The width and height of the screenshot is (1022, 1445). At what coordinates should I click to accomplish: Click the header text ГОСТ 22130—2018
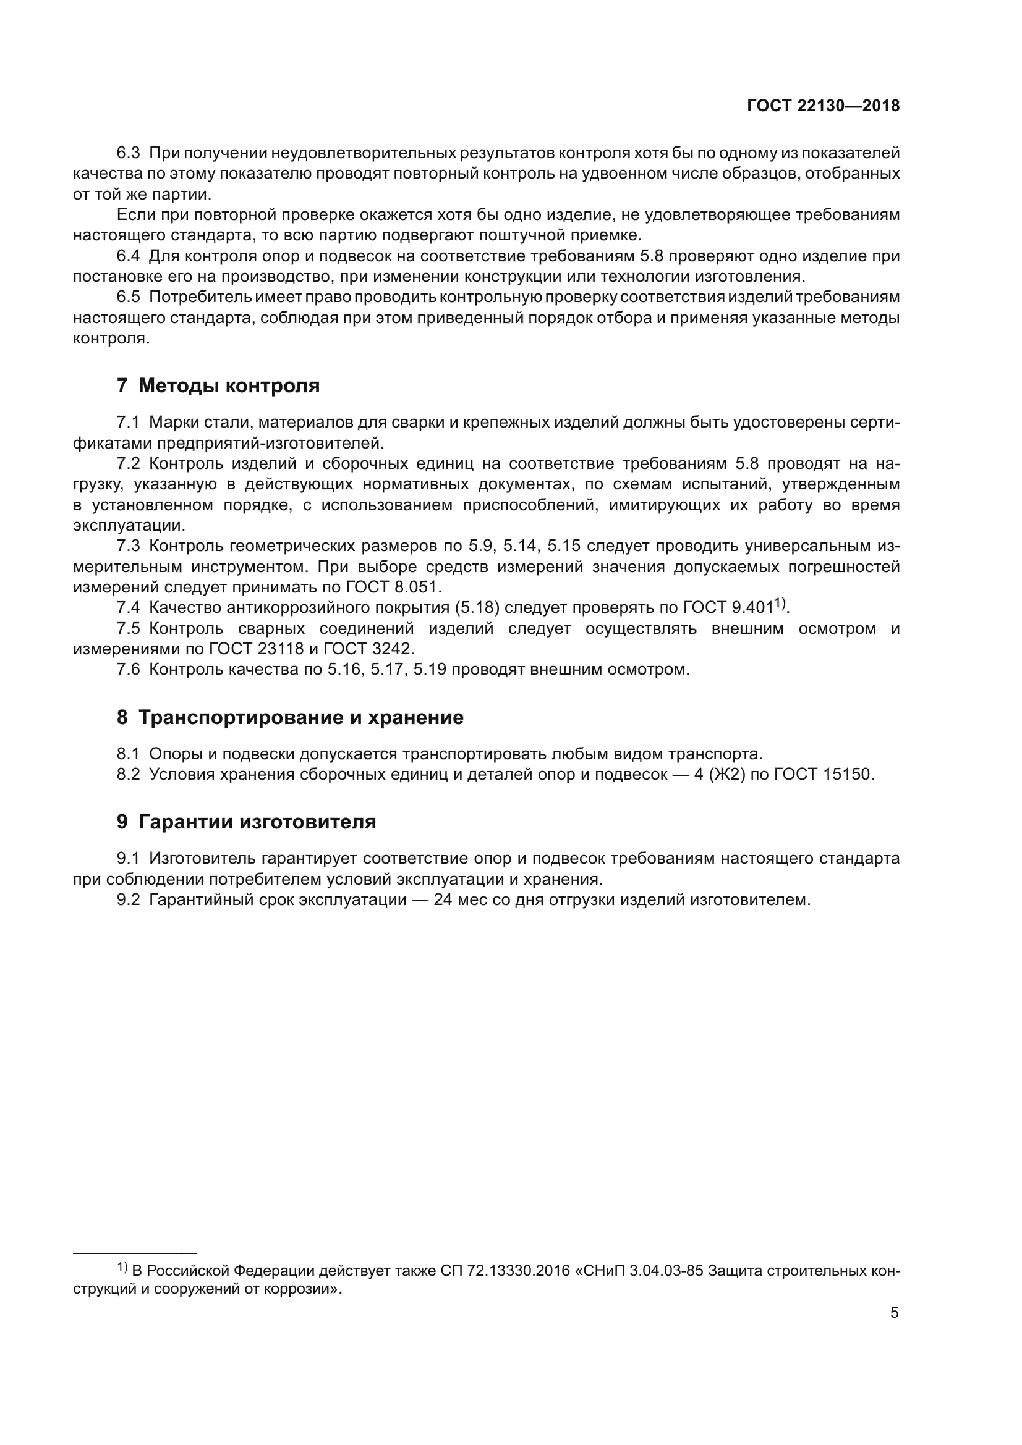(x=823, y=106)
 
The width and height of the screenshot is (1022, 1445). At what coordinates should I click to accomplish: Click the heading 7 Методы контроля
(x=218, y=385)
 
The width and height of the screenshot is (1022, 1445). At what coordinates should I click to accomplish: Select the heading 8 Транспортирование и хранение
(x=290, y=717)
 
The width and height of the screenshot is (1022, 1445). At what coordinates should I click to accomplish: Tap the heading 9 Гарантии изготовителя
(x=246, y=821)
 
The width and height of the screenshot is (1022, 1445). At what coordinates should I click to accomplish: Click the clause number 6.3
(x=128, y=153)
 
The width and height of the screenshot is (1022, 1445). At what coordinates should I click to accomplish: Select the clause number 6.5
(x=128, y=297)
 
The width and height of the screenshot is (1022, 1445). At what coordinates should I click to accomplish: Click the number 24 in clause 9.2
(x=443, y=899)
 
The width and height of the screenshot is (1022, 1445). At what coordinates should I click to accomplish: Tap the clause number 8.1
(x=128, y=753)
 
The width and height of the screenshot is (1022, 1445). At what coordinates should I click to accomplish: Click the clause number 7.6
(x=128, y=669)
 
